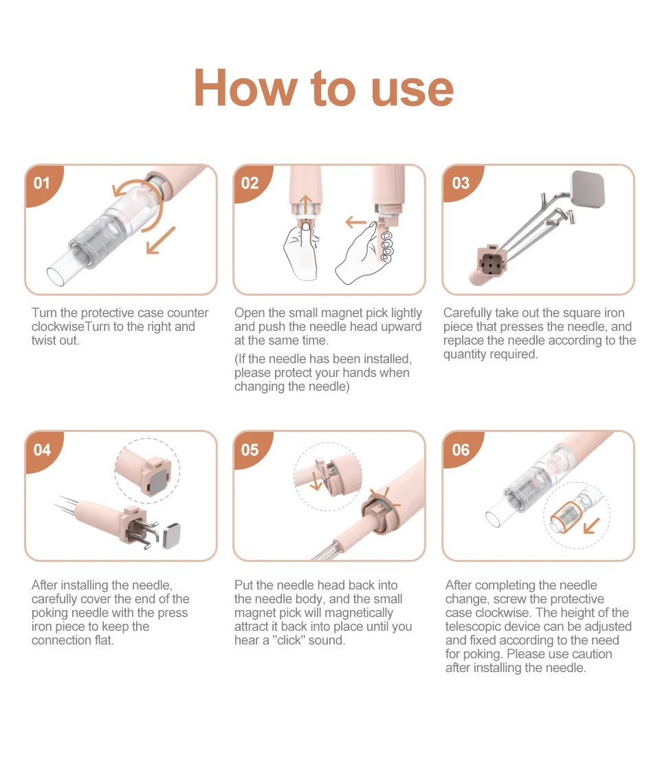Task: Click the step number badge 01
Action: [x=42, y=184]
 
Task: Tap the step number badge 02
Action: [x=250, y=183]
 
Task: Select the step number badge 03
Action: [x=461, y=183]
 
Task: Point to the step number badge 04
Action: [x=42, y=450]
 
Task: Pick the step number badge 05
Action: [x=250, y=450]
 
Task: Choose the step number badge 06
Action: [x=461, y=450]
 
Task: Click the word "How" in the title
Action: [x=245, y=88]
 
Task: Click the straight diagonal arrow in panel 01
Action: [x=160, y=240]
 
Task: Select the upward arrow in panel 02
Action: [x=305, y=205]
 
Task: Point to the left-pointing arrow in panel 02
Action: [x=357, y=222]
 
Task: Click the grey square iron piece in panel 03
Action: [x=588, y=189]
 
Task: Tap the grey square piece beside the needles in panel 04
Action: [x=172, y=536]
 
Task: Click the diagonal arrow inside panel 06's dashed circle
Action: [x=591, y=526]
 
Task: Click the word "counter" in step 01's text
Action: [x=188, y=313]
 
